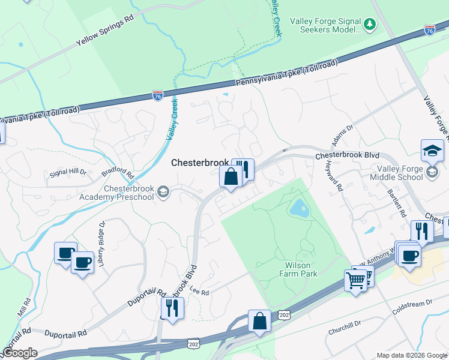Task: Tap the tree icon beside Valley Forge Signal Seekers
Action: pos(370,25)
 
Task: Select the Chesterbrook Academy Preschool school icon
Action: pos(162,193)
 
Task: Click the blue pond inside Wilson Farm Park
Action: pos(298,209)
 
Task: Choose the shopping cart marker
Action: pos(355,280)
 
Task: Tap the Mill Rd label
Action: pos(24,307)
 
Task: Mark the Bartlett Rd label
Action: pos(398,205)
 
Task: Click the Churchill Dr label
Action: pos(344,326)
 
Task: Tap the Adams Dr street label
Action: pos(343,135)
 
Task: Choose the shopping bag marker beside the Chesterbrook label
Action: pos(231,177)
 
